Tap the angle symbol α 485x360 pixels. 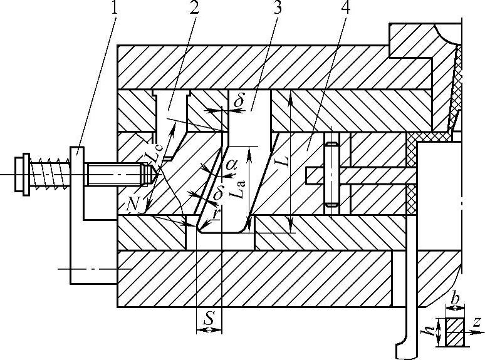coord(231,165)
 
